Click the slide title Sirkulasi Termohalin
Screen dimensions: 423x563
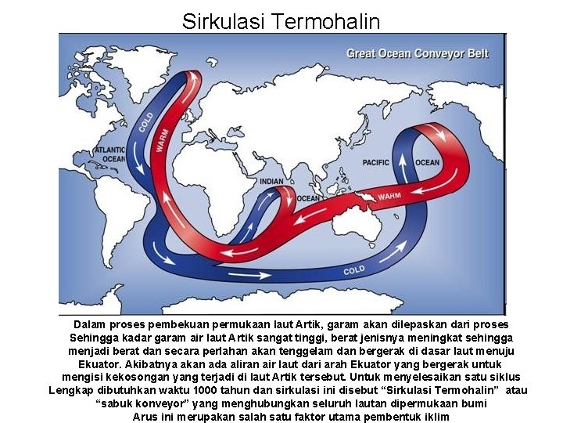coord(281,21)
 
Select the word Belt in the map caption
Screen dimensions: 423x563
coord(476,54)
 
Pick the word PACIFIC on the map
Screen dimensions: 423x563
coord(376,163)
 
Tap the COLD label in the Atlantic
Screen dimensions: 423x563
coord(146,121)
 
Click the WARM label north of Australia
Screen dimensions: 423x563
coord(389,196)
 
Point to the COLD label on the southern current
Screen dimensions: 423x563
coord(353,271)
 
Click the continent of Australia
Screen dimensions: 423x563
coord(367,228)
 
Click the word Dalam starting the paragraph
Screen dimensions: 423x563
coord(91,324)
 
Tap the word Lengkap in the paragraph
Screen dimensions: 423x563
coord(71,390)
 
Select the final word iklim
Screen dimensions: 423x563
coord(435,417)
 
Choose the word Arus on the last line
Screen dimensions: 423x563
coord(146,417)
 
